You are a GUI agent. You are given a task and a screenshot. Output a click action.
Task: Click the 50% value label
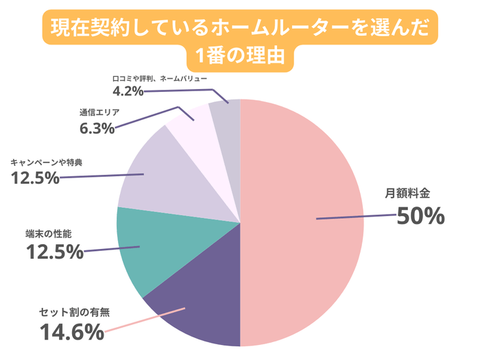point(421,217)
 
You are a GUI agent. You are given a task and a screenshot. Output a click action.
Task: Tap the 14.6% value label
point(71,333)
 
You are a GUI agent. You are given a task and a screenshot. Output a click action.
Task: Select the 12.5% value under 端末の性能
point(54,252)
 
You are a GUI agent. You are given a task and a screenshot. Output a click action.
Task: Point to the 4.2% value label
point(128,90)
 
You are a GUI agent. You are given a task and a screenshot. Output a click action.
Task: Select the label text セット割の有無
point(74,313)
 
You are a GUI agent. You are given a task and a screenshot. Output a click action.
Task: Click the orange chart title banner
point(240,41)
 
